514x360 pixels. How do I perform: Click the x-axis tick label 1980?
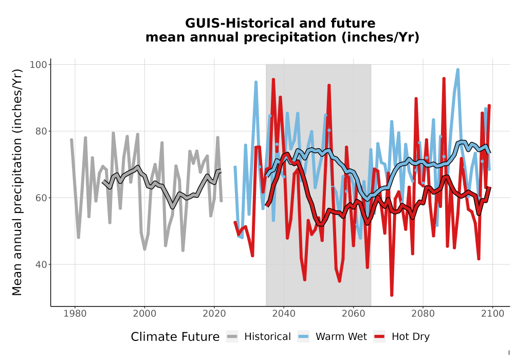pyautogui.click(x=75, y=313)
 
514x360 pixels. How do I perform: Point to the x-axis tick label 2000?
pyautogui.click(x=144, y=313)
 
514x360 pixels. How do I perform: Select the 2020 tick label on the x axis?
pyautogui.click(x=214, y=313)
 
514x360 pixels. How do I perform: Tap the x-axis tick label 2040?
pyautogui.click(x=284, y=313)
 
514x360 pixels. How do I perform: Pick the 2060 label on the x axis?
pyautogui.click(x=354, y=313)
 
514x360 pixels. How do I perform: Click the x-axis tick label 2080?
pyautogui.click(x=423, y=313)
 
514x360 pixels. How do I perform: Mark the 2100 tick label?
pyautogui.click(x=492, y=313)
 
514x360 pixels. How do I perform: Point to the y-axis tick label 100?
pyautogui.click(x=39, y=65)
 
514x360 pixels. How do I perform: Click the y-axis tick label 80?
pyautogui.click(x=41, y=131)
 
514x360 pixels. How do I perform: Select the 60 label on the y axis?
pyautogui.click(x=41, y=197)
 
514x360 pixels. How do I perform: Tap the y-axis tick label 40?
pyautogui.click(x=41, y=264)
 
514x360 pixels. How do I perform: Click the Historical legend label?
pyautogui.click(x=267, y=337)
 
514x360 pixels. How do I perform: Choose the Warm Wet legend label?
pyautogui.click(x=341, y=337)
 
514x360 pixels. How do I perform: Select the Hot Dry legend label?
pyautogui.click(x=410, y=337)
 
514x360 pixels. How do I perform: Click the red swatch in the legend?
pyautogui.click(x=380, y=337)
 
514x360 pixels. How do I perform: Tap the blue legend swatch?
pyautogui.click(x=304, y=337)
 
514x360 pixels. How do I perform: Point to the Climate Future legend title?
pyautogui.click(x=175, y=337)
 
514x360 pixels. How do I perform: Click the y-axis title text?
pyautogui.click(x=17, y=182)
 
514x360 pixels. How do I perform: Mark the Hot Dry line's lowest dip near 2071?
pyautogui.click(x=392, y=295)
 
